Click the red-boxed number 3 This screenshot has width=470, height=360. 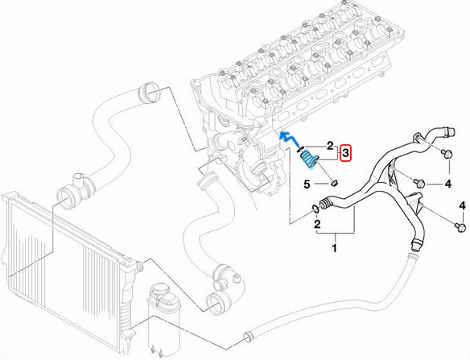tap(345, 152)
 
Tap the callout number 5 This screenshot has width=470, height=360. tap(307, 184)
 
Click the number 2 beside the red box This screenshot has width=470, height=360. tap(329, 146)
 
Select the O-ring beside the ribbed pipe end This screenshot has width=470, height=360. tap(313, 211)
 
